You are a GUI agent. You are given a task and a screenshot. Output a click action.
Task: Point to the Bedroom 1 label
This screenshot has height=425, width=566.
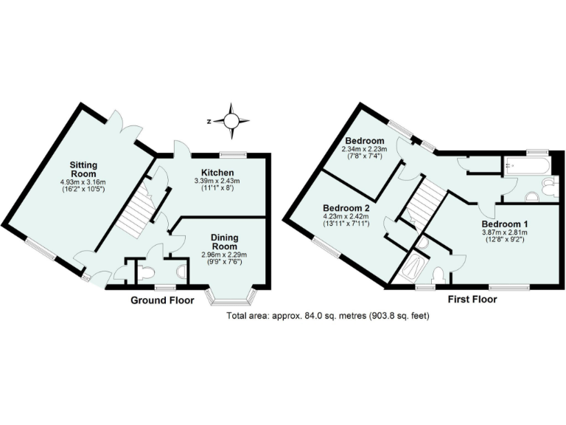(x=505, y=224)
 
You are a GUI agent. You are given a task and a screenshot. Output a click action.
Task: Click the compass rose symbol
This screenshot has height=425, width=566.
(x=231, y=121)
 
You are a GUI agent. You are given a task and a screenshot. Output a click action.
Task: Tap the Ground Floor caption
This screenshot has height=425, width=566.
(x=162, y=300)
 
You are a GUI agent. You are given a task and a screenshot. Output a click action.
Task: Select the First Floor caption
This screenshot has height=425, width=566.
(x=472, y=300)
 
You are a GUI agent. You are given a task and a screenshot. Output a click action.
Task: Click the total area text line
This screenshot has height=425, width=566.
(x=327, y=315)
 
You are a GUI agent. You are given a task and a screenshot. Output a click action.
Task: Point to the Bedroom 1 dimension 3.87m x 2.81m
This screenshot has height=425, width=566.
(x=505, y=233)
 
